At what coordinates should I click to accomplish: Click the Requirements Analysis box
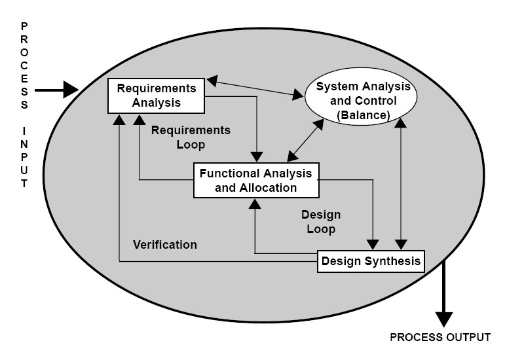click(x=156, y=96)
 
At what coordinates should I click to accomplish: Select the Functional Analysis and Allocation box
click(x=256, y=180)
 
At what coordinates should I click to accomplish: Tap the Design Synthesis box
click(x=371, y=262)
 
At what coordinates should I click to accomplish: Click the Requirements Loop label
click(x=190, y=137)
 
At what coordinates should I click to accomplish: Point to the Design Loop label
click(x=321, y=222)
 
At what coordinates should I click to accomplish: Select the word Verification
click(x=165, y=245)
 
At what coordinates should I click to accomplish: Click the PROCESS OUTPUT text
click(x=440, y=338)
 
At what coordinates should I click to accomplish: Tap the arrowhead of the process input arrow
click(x=71, y=90)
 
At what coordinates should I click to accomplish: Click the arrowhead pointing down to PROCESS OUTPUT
click(x=444, y=318)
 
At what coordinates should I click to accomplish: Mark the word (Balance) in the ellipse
click(x=364, y=115)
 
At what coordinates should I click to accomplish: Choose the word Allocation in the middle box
click(x=271, y=188)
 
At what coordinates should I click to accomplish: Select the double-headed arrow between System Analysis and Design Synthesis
click(x=399, y=183)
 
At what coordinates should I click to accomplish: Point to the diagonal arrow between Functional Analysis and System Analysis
click(x=305, y=140)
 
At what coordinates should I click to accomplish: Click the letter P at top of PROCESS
click(x=24, y=26)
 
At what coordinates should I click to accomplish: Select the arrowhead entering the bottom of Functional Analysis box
click(x=255, y=203)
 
